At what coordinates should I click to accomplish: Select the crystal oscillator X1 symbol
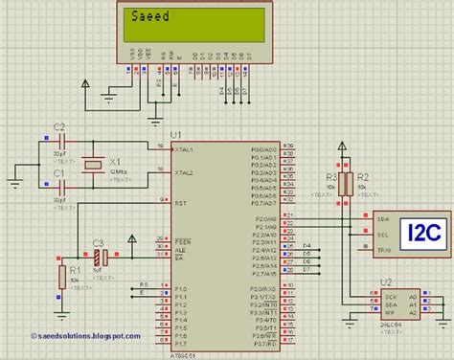click(x=91, y=165)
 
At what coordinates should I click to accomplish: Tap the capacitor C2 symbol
click(x=59, y=141)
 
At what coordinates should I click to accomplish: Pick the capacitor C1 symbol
click(x=59, y=188)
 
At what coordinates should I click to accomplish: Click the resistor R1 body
click(x=62, y=278)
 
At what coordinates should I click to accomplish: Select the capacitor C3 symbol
click(x=98, y=258)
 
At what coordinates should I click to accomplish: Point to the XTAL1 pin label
click(x=183, y=150)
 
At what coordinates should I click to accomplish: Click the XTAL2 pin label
click(x=183, y=173)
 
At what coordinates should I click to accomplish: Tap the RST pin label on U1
click(x=179, y=204)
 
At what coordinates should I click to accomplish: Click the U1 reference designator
click(x=175, y=133)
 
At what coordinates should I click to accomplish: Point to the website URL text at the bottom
click(x=72, y=336)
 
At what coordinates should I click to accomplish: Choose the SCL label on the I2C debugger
click(x=382, y=235)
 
